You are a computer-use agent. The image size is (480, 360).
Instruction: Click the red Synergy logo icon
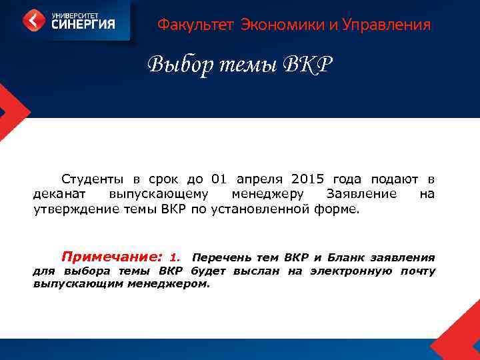click(x=34, y=20)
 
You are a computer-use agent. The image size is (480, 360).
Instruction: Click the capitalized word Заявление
click(x=361, y=194)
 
